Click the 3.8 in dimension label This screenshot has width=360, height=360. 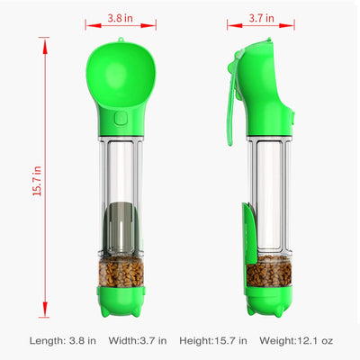coord(122,16)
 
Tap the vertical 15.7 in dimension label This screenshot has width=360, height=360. coord(36,178)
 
